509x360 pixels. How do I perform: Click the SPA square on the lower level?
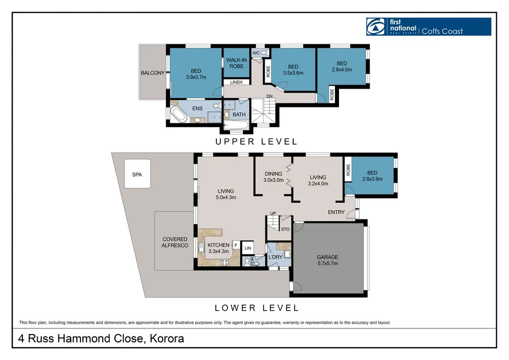[x=137, y=174]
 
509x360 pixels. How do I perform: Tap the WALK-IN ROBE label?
[x=236, y=63]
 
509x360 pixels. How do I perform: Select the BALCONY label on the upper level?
[x=153, y=73]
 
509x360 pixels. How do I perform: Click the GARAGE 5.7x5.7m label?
[x=327, y=260]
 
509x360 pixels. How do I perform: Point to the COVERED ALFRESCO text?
[x=175, y=242]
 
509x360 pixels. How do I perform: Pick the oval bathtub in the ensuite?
[x=179, y=114]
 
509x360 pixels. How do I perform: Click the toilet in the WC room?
[x=263, y=52]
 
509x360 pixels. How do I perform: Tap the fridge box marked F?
[x=236, y=245]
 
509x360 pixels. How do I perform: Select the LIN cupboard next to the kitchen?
[x=248, y=248]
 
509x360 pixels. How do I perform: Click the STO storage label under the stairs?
[x=285, y=229]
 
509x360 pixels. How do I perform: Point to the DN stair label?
[x=269, y=96]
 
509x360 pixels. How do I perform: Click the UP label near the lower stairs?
[x=273, y=213]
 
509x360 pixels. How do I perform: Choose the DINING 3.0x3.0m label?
[x=273, y=177]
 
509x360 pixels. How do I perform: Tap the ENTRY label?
[x=336, y=212]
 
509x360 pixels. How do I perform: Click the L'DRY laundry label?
[x=275, y=257]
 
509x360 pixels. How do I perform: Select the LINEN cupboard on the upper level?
[x=236, y=82]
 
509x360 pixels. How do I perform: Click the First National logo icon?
[x=376, y=26]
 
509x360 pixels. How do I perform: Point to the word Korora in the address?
[x=167, y=339]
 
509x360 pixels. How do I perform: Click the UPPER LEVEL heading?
[x=257, y=142]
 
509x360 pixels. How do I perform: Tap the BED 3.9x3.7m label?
[x=196, y=74]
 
